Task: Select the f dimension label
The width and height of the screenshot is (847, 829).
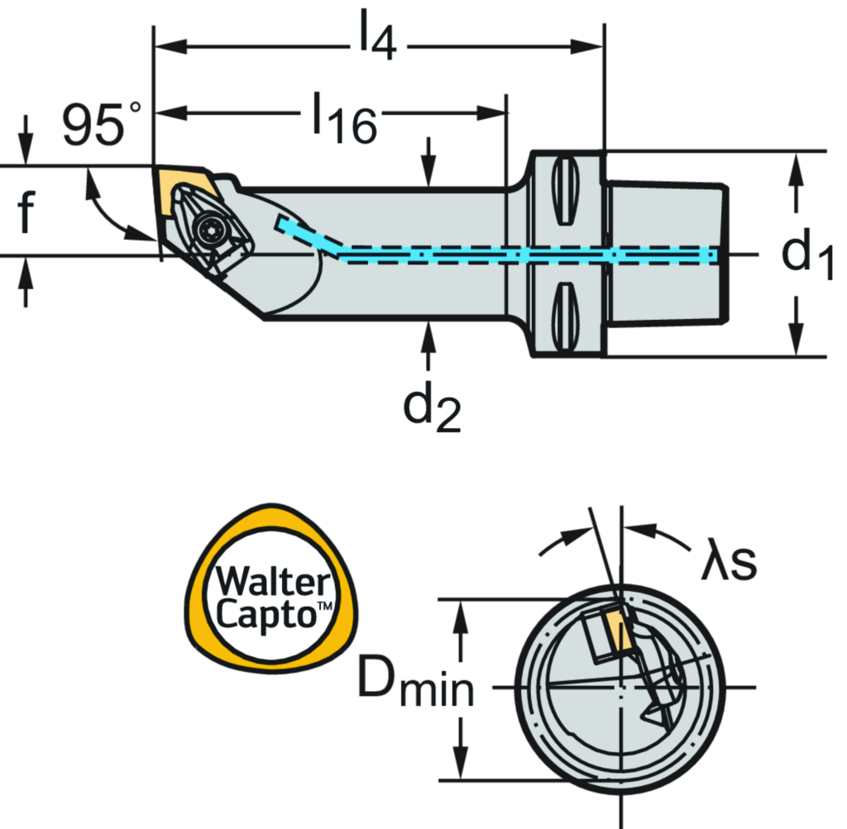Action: pos(26,211)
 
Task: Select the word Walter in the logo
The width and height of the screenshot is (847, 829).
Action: pos(270,582)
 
